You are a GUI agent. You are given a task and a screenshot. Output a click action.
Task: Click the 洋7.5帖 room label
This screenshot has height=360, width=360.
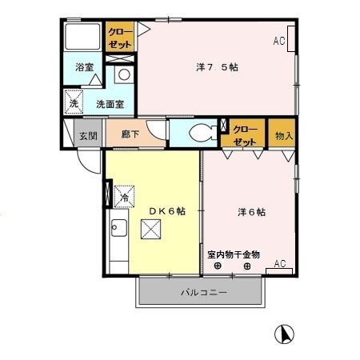218,67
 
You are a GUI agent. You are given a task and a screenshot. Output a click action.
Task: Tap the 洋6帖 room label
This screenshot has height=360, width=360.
251,213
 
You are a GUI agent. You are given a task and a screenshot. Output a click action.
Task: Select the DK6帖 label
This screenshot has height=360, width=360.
167,210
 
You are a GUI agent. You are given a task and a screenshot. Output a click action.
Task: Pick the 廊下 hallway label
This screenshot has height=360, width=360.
130,135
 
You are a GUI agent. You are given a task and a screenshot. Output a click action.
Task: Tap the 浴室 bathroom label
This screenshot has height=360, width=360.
86,68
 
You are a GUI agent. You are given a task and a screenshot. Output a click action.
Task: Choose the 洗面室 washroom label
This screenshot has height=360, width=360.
109,104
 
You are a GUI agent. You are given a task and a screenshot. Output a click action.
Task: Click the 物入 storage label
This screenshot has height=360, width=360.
284,135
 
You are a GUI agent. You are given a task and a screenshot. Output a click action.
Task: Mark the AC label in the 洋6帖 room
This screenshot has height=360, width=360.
280,263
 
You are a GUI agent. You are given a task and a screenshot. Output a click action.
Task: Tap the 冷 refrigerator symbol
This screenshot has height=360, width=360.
125,194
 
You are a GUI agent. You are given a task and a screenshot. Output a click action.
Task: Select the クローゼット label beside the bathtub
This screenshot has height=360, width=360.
121,36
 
